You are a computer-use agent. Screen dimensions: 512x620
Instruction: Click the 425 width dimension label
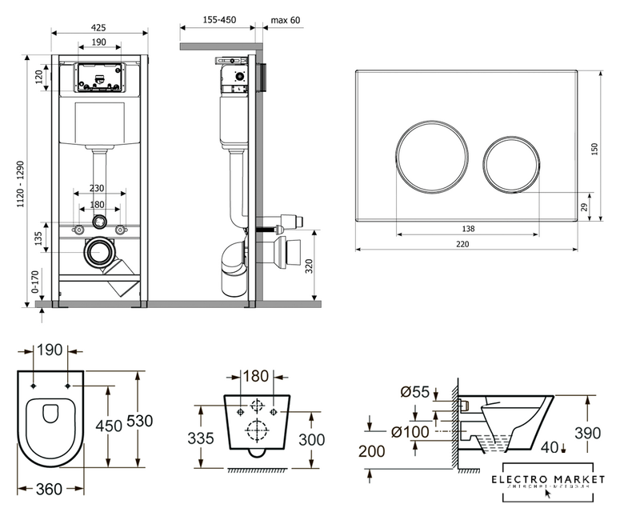[x=98, y=26]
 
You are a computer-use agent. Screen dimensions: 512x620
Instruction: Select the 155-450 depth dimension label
[x=218, y=20]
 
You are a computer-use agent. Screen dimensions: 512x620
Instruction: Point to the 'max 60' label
[x=285, y=20]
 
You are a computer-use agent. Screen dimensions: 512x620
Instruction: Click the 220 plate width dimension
[x=475, y=244]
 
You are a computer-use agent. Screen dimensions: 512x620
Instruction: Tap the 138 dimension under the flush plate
[x=468, y=229]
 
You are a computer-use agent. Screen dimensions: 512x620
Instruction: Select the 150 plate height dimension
[x=595, y=150]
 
